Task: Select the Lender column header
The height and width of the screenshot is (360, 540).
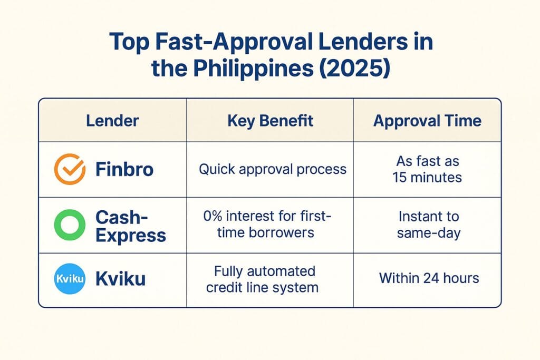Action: (x=112, y=121)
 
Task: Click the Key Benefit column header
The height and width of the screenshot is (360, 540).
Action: (x=270, y=121)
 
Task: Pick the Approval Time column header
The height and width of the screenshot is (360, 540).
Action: (x=427, y=121)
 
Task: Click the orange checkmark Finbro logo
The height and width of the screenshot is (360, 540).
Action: (x=70, y=169)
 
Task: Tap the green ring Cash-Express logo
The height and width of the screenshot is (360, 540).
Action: (x=70, y=225)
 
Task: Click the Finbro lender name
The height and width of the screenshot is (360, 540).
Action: (x=125, y=169)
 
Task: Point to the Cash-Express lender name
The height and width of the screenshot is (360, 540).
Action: (x=130, y=225)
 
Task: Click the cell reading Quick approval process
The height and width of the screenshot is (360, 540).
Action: (x=272, y=169)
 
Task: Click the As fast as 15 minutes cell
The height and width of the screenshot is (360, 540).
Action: (x=427, y=169)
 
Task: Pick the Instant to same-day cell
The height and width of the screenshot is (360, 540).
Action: (x=428, y=225)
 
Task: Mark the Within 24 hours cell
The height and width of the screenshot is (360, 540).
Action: (x=429, y=278)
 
